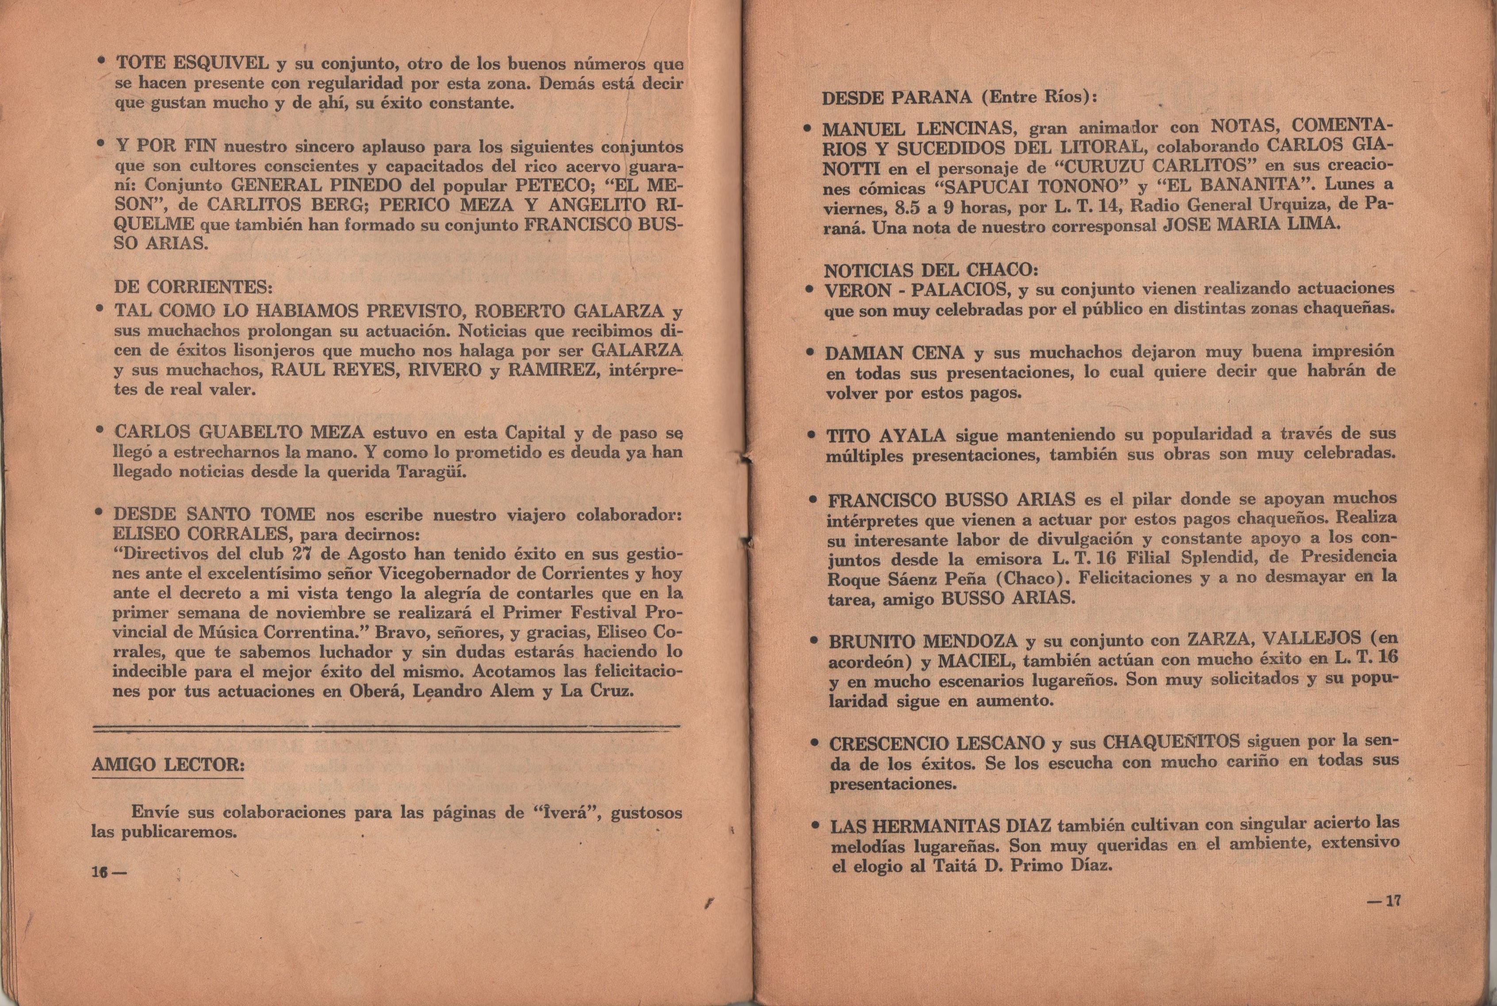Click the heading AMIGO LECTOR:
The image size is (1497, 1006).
click(168, 765)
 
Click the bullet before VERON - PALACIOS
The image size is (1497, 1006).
click(810, 289)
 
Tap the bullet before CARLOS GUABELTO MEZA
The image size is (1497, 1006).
click(100, 431)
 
